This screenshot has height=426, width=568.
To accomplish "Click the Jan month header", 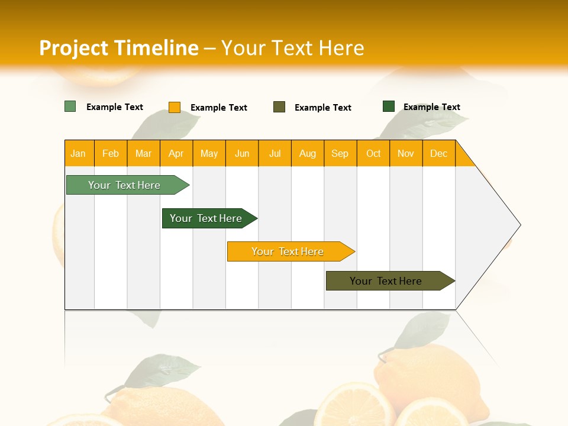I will click(78, 153).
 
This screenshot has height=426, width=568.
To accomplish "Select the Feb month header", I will click(111, 153).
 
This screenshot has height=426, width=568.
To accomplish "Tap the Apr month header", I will click(176, 153).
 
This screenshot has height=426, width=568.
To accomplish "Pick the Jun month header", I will click(242, 153).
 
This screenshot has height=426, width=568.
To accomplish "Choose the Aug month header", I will click(307, 153).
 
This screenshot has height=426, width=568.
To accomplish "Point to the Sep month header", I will click(340, 153).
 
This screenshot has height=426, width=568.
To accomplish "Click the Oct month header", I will click(373, 153).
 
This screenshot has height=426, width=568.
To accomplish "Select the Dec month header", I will click(438, 153).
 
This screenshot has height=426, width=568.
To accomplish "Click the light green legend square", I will click(70, 106).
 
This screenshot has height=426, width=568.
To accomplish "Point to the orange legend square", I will click(175, 107).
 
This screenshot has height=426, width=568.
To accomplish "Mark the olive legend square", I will click(279, 107).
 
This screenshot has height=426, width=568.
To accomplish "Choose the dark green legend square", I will click(389, 106).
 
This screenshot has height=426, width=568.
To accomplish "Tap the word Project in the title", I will click(73, 48).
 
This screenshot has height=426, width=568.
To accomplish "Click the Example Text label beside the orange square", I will click(219, 108).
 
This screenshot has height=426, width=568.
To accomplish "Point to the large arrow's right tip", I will click(519, 225).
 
